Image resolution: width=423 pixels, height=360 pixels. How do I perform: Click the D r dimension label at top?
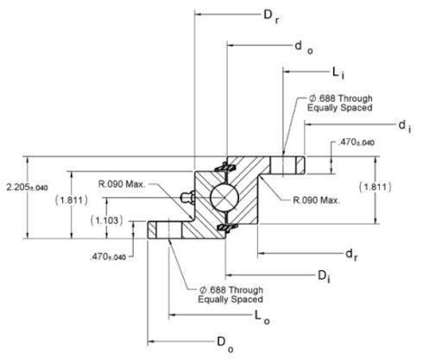point(271,16)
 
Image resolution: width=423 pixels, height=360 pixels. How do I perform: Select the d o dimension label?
point(304,47)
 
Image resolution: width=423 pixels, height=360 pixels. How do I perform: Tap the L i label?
point(338,73)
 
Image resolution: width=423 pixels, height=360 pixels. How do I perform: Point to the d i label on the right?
point(405,127)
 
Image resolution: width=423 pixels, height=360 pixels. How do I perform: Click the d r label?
point(351,255)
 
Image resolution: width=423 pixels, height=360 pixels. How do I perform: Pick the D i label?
point(324,276)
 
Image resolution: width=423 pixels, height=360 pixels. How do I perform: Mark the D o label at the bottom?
point(225,344)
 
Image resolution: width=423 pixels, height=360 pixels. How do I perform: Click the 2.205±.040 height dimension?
point(27,187)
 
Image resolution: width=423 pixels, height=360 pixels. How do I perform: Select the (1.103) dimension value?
point(107,221)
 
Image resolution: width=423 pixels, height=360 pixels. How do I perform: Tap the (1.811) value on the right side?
point(376,187)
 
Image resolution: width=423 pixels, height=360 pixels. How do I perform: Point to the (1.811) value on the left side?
point(72,200)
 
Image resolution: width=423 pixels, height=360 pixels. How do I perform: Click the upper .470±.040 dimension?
point(357,142)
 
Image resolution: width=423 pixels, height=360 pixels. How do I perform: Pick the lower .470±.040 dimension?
point(108,256)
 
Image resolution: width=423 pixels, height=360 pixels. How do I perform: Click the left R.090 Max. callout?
point(122,184)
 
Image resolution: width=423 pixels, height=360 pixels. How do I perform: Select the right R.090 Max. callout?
point(317,200)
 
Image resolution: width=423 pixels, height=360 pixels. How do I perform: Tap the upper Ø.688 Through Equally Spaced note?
point(340,103)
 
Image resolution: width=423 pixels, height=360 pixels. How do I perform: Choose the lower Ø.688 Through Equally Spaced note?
point(230,294)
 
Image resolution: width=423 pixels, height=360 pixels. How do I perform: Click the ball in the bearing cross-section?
point(224,197)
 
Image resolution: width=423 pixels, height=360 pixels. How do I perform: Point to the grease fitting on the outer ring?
point(187,197)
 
